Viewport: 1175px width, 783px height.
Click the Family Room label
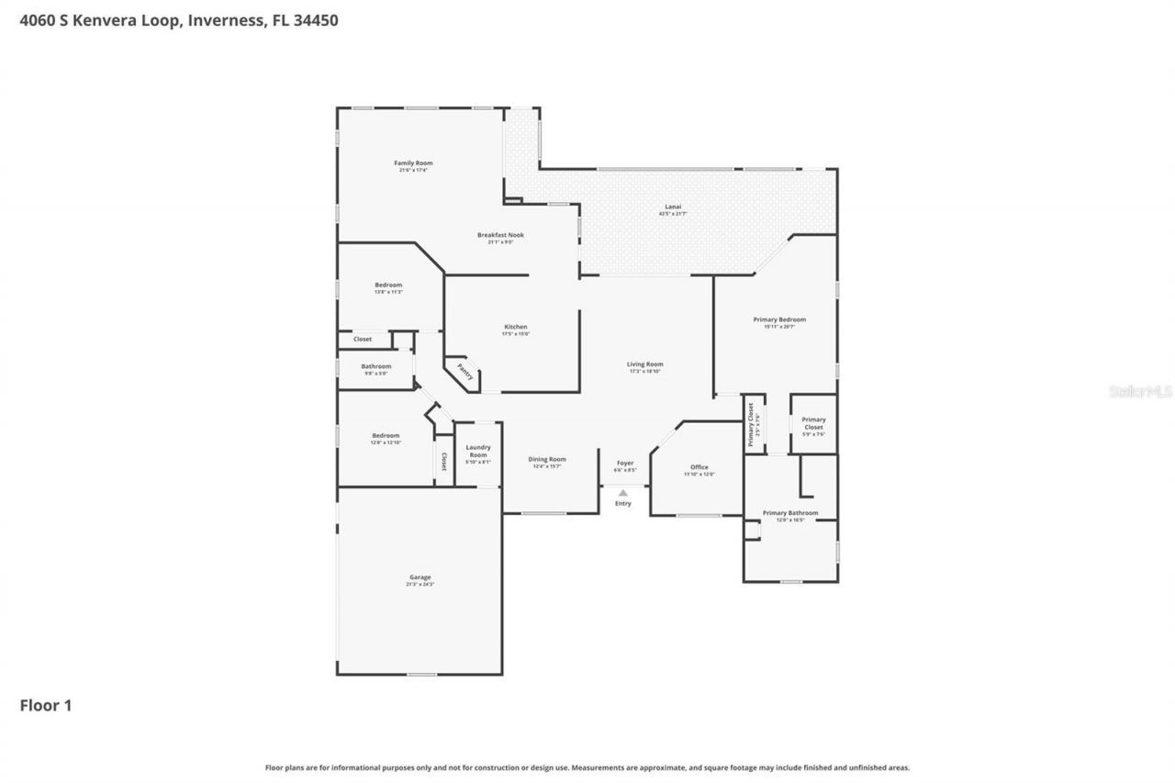coord(413,163)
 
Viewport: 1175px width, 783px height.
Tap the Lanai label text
coord(673,207)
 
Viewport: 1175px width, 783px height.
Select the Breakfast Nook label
coord(500,235)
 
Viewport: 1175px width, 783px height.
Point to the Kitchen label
coord(515,327)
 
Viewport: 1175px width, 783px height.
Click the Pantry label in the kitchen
coord(465,373)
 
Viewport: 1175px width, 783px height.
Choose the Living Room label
coord(645,364)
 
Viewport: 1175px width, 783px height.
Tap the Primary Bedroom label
coord(779,319)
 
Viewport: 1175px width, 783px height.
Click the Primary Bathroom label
coord(789,513)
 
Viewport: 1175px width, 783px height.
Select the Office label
coord(699,467)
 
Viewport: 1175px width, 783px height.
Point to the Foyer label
coord(624,464)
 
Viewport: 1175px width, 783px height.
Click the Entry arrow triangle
coord(623,493)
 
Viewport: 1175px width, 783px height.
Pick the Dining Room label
coord(547,459)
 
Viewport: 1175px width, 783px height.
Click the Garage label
coord(420,577)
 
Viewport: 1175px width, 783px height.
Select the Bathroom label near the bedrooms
coord(375,366)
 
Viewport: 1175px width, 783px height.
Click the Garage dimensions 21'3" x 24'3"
coord(420,585)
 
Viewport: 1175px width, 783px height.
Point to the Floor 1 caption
coord(46,706)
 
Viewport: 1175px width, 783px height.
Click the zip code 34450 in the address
coord(316,19)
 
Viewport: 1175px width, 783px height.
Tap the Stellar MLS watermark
coord(1140,391)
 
